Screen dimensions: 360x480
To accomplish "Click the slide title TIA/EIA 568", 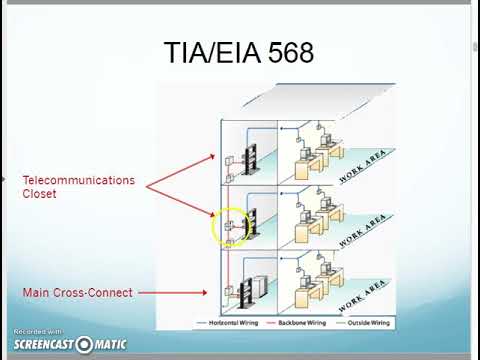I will (238, 52).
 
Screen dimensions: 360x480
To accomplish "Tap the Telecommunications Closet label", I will (78, 187).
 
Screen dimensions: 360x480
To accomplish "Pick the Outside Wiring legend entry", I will (367, 324).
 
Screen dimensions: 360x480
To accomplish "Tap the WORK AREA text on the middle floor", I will (362, 232).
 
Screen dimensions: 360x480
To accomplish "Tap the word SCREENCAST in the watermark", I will (43, 345).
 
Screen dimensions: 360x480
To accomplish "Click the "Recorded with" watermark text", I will (38, 332).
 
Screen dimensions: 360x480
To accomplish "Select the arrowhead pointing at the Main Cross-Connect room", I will (207, 293).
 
